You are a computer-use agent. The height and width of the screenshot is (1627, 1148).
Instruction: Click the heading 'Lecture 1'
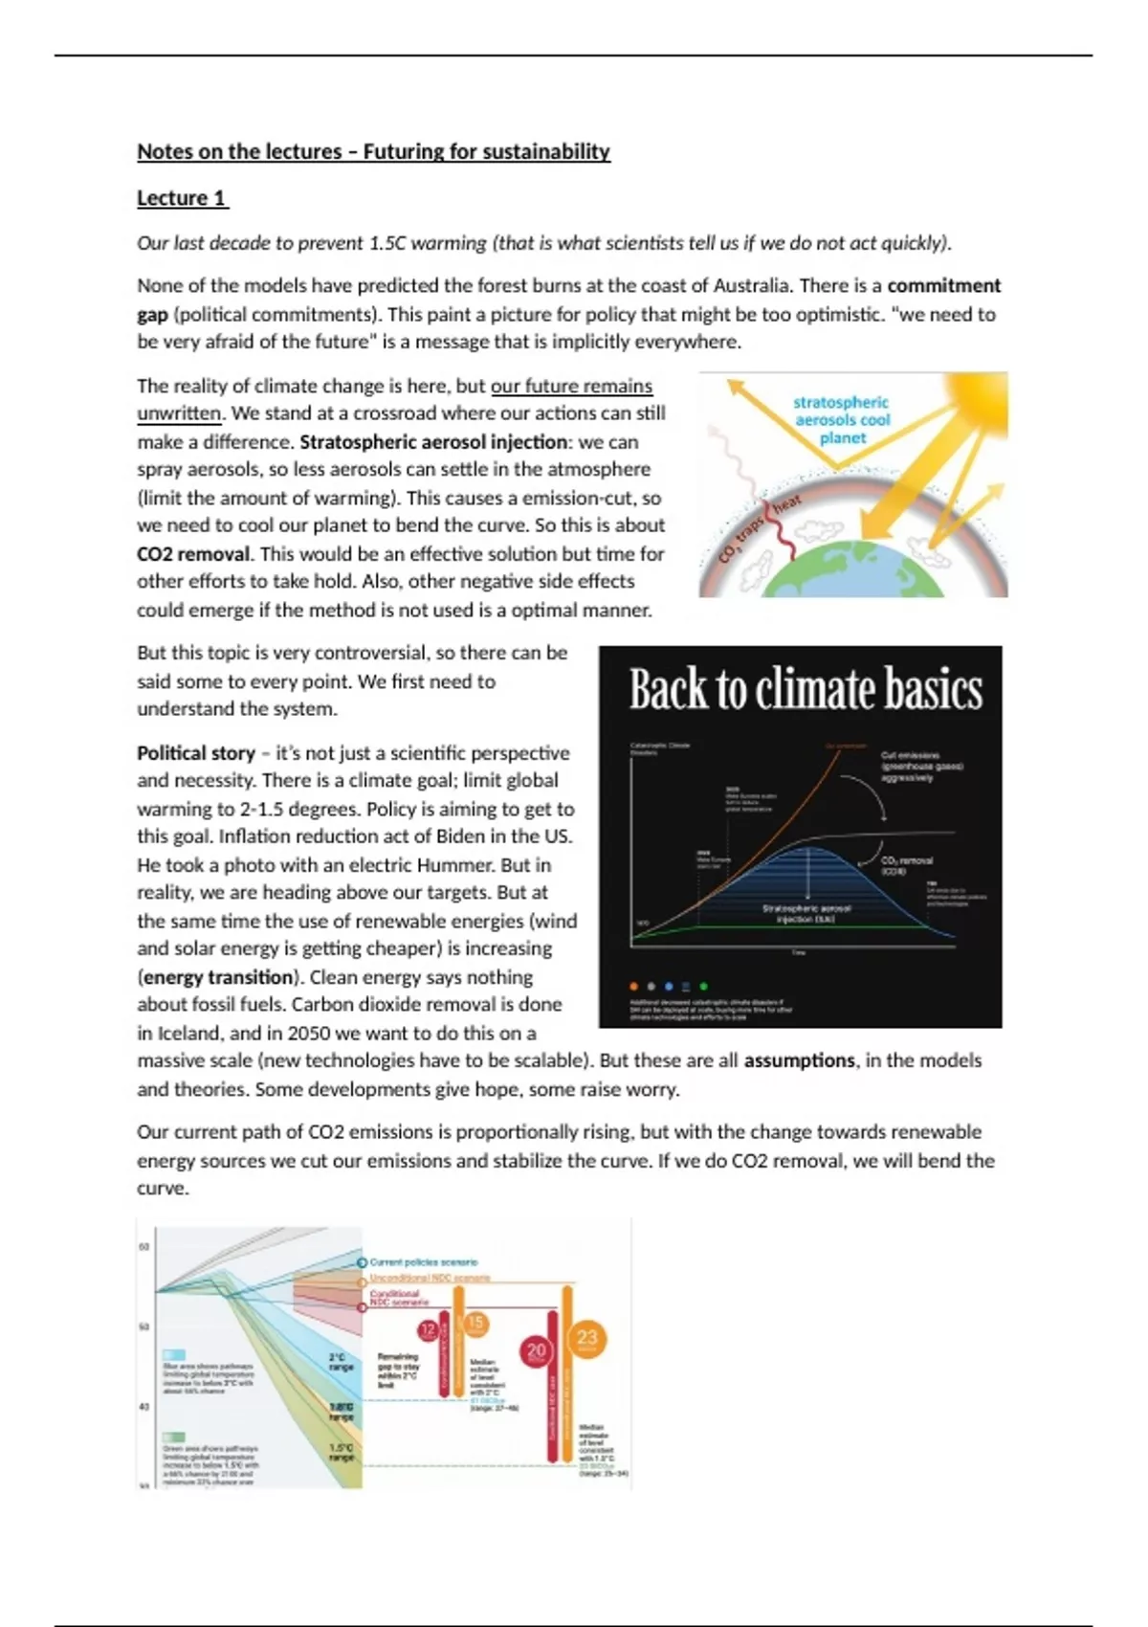coord(182,198)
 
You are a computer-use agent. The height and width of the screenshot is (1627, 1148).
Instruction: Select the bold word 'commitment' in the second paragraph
coord(943,285)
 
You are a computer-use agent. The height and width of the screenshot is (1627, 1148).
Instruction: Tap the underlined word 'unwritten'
coord(179,413)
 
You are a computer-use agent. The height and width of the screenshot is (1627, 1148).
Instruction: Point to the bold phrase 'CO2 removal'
coord(193,554)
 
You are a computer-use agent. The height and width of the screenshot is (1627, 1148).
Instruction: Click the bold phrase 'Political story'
coord(196,753)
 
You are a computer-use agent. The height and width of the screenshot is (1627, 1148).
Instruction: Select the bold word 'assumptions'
coord(799,1060)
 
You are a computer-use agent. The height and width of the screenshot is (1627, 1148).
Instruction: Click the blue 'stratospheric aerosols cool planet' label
coord(842,420)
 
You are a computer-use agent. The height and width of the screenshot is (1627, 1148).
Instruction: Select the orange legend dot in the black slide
coord(633,986)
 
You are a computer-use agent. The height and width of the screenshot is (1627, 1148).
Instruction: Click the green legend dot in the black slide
coord(704,986)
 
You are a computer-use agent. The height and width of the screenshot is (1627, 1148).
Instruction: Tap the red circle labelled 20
coord(536,1350)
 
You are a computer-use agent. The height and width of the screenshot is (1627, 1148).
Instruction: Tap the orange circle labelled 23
coord(586,1339)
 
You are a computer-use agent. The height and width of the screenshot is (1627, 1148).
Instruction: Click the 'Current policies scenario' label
coord(423,1262)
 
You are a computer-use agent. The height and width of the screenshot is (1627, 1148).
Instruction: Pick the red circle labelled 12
coord(428,1329)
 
